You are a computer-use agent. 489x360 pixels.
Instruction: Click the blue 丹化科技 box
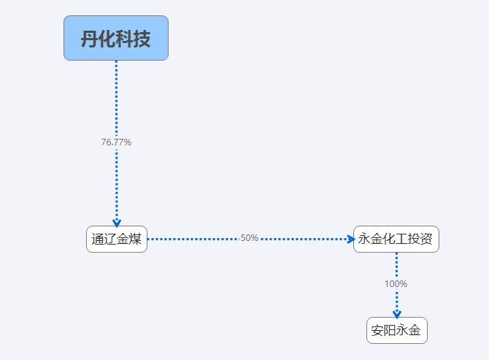click(x=116, y=38)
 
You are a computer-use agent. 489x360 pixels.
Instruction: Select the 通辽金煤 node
click(x=117, y=240)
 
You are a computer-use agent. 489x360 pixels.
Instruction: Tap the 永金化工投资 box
click(x=396, y=240)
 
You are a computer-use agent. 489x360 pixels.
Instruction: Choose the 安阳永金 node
click(x=397, y=330)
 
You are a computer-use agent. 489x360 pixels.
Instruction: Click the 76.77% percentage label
click(x=116, y=142)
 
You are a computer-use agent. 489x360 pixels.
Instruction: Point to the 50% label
click(x=250, y=238)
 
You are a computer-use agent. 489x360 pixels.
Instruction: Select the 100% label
click(x=396, y=284)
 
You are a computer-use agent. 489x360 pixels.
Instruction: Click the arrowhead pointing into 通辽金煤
click(x=117, y=223)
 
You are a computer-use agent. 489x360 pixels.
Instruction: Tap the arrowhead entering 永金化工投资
click(x=351, y=240)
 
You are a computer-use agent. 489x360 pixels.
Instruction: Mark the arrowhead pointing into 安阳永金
click(x=397, y=315)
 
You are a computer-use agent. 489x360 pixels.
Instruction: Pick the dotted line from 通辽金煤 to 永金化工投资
click(x=250, y=240)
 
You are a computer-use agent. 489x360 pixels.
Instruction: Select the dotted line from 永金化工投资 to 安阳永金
click(x=397, y=285)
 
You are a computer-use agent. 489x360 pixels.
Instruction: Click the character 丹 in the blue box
click(x=90, y=39)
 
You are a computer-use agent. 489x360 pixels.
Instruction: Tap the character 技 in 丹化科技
click(x=142, y=39)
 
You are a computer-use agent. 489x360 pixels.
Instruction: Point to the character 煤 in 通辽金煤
click(x=135, y=240)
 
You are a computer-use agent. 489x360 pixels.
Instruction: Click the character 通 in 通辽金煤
click(x=98, y=240)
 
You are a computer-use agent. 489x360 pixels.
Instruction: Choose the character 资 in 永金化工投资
click(x=426, y=239)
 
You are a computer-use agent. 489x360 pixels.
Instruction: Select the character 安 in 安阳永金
click(x=377, y=330)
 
